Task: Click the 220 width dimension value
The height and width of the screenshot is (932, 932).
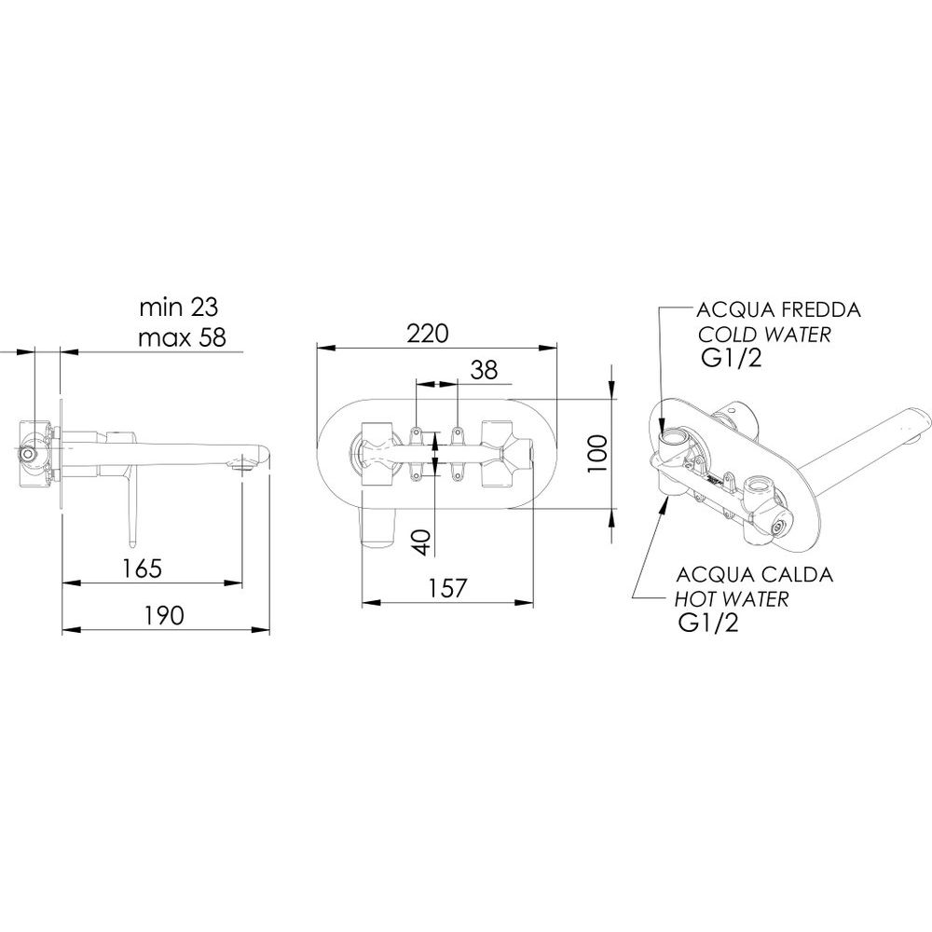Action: click(428, 334)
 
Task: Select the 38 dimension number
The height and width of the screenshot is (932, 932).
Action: click(483, 370)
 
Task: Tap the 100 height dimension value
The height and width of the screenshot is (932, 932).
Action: click(597, 454)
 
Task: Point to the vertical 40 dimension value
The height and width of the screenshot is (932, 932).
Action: click(422, 542)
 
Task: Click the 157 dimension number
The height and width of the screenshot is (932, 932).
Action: click(448, 588)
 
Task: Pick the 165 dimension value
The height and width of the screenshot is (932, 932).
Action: click(142, 569)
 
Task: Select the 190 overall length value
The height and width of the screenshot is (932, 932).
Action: click(164, 616)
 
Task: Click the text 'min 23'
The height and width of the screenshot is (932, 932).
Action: click(178, 308)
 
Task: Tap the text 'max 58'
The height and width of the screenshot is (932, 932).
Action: click(182, 337)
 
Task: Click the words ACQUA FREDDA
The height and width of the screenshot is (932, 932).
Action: click(778, 309)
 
